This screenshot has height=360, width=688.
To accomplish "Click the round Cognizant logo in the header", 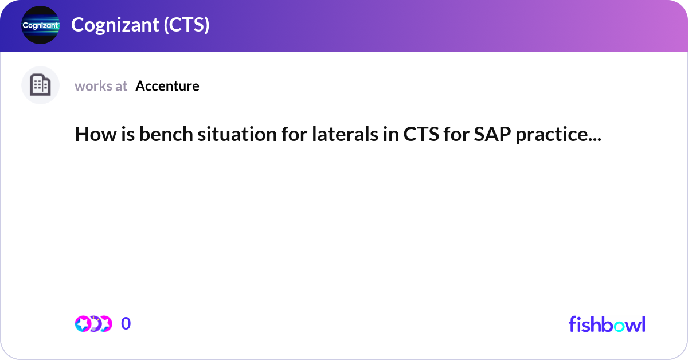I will pos(40,25).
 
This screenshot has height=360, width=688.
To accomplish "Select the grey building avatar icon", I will pos(40,85).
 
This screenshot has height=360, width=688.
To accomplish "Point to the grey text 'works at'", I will pos(101,86).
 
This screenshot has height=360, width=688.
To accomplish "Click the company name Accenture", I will pos(167,86).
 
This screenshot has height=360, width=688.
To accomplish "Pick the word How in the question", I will pos(90,135).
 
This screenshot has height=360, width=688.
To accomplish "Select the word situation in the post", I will pos(209,135).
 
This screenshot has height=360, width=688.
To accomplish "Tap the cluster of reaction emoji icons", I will pos(93,324).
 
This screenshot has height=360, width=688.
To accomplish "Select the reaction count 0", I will pos(126,324).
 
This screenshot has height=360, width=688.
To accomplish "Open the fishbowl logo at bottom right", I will pos(607,324).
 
